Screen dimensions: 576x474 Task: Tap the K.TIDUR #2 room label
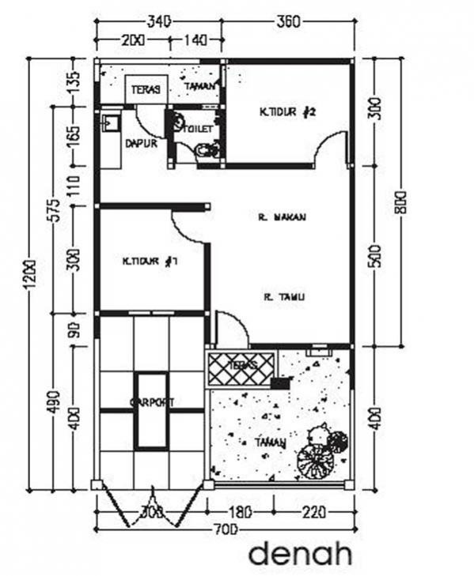click(287, 112)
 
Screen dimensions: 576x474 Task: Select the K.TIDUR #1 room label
click(149, 261)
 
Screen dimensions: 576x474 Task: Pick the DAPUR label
click(141, 144)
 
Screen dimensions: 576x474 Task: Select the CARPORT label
click(152, 402)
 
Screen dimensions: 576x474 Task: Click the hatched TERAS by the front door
click(241, 367)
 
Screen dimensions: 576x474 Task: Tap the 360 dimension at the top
click(288, 22)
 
